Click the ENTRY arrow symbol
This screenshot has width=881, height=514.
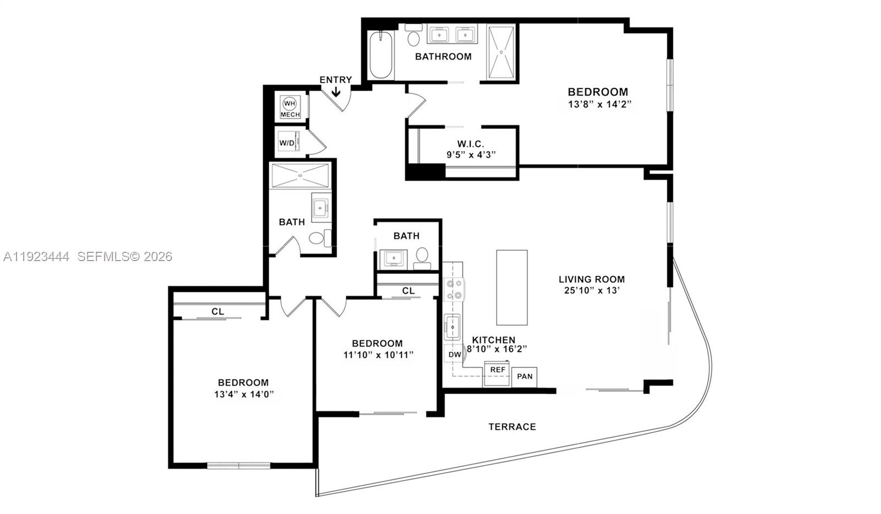click(335, 92)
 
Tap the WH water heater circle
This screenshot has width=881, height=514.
click(290, 104)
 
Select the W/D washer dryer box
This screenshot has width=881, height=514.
click(287, 143)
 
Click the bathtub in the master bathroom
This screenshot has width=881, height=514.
click(380, 55)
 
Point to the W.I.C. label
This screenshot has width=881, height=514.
click(471, 144)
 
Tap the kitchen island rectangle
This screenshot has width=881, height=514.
click(512, 288)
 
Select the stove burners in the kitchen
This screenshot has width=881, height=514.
click(454, 290)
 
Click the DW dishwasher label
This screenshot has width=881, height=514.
click(454, 354)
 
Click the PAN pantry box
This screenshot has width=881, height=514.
click(525, 376)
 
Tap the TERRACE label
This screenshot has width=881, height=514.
click(512, 426)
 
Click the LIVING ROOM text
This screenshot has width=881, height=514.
click(591, 279)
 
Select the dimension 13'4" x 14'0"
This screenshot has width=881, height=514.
click(244, 394)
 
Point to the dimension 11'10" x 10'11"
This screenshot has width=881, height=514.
click(378, 355)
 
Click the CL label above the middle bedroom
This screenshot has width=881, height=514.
click(408, 290)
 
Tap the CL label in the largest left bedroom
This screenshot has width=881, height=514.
click(217, 311)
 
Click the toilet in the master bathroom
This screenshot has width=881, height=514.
click(414, 37)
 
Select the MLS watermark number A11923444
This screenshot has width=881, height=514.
click(36, 256)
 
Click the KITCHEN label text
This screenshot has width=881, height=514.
click(493, 340)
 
